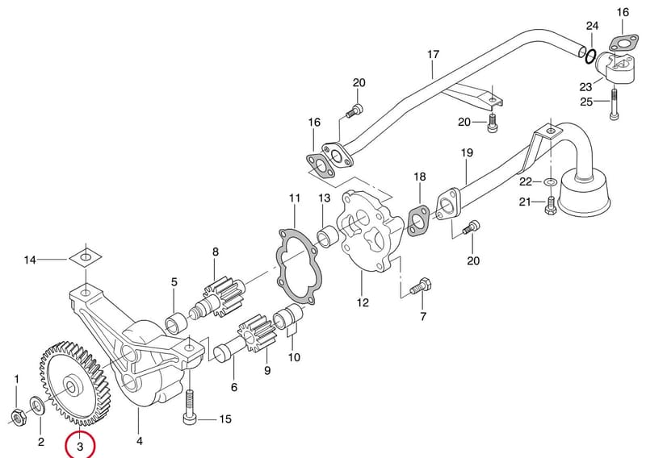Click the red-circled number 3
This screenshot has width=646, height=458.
pos(80,446)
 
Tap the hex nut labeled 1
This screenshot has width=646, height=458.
pos(18,417)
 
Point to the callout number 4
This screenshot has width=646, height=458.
pos(139,441)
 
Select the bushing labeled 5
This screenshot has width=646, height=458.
pos(176,322)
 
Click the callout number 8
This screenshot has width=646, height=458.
pos(216,252)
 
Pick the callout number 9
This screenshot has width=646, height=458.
pos(267,370)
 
